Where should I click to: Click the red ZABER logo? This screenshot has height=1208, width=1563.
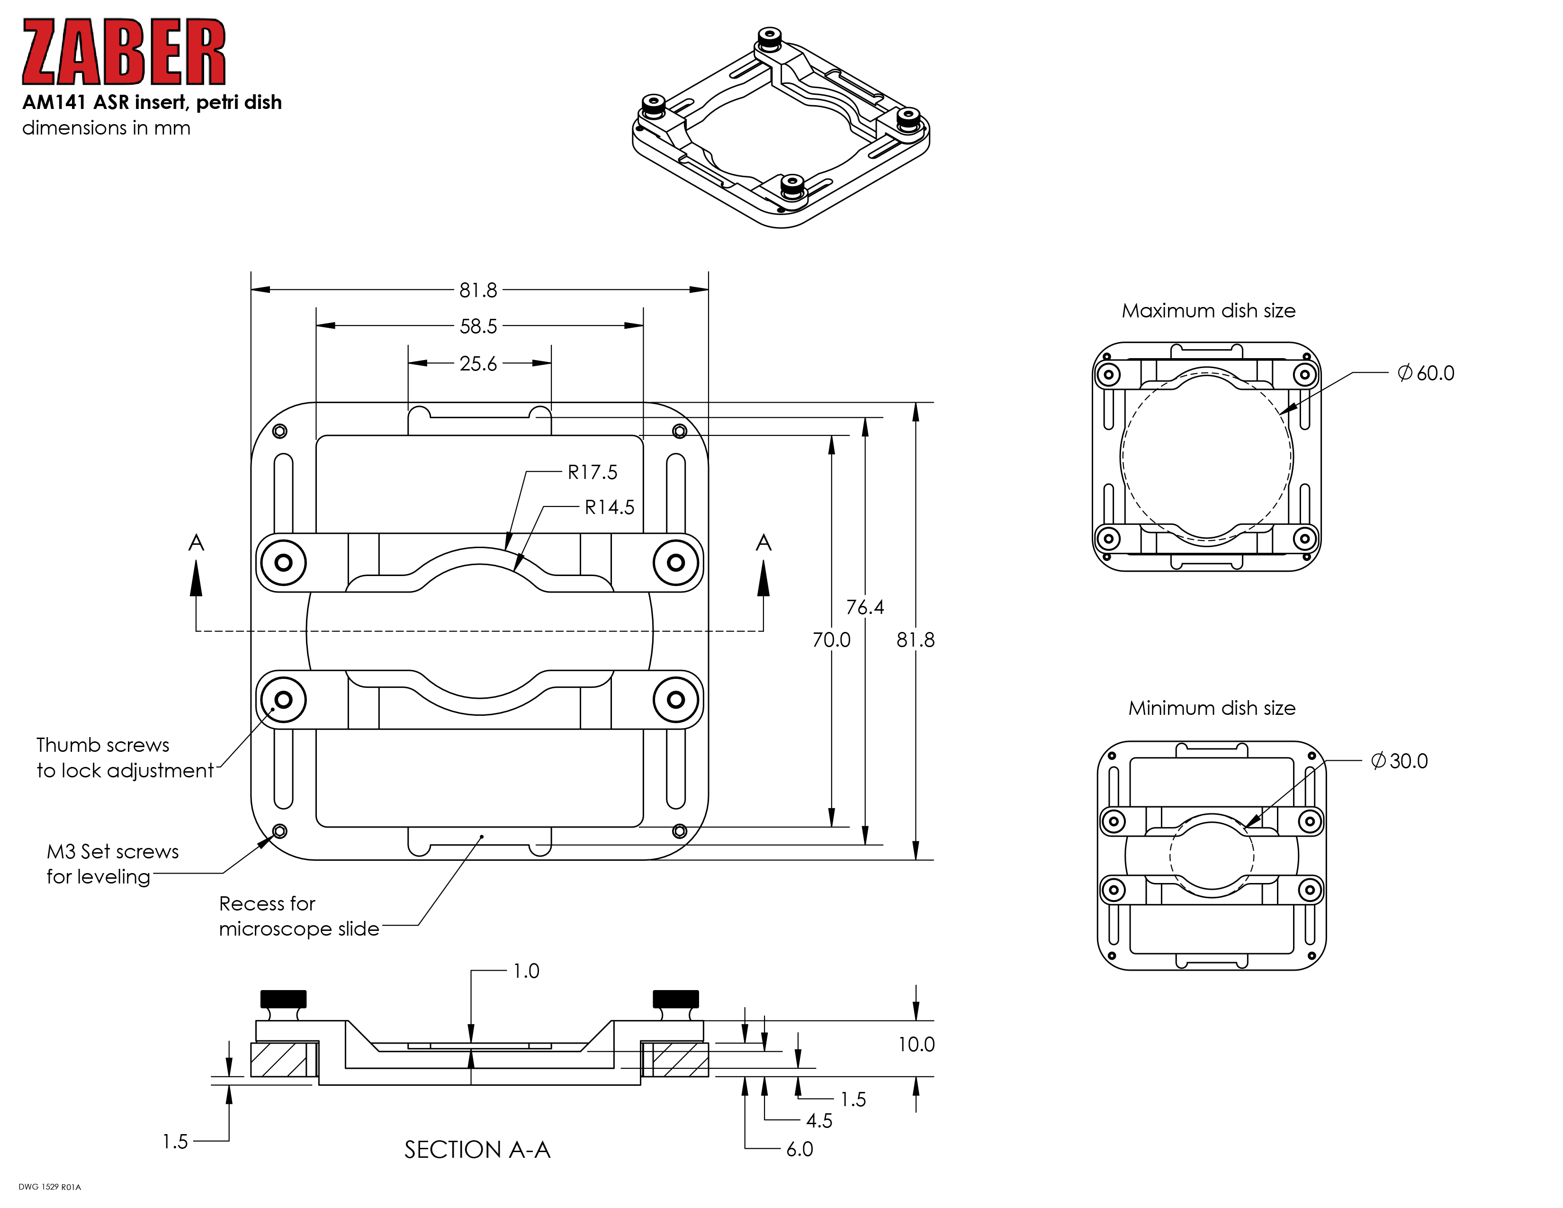click(124, 52)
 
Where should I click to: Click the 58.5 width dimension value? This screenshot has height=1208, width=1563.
click(478, 326)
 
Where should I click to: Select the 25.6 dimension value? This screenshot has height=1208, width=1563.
click(478, 363)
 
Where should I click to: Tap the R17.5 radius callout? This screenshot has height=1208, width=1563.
click(592, 472)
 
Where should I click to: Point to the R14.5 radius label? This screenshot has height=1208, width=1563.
click(609, 507)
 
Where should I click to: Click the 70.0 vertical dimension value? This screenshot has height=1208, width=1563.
click(831, 640)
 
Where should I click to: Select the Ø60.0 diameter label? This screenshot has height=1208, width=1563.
click(1426, 373)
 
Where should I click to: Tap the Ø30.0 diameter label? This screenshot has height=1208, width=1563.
click(1399, 761)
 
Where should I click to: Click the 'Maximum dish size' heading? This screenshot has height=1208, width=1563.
click(1208, 311)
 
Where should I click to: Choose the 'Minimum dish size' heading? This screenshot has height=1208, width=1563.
click(1212, 708)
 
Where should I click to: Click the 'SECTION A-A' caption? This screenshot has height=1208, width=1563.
click(477, 1149)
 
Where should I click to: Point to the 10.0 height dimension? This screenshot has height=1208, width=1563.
click(916, 1044)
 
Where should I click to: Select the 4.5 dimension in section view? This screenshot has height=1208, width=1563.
click(819, 1120)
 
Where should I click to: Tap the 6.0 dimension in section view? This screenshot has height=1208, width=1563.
click(799, 1149)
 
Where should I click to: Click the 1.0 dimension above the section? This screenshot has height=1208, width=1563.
click(526, 971)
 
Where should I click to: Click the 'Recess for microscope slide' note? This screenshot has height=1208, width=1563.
click(298, 916)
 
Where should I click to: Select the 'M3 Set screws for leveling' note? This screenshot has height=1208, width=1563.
click(112, 864)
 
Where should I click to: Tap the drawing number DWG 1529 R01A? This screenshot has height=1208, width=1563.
click(50, 1187)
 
